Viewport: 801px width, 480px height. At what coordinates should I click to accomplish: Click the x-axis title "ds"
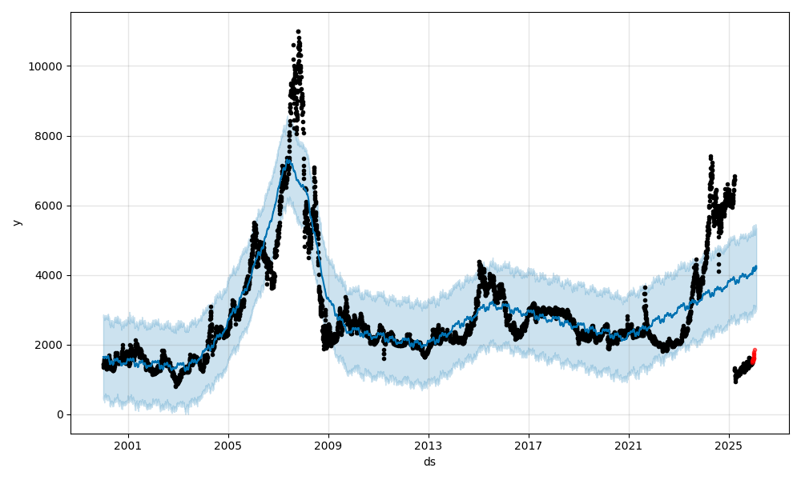click(429, 462)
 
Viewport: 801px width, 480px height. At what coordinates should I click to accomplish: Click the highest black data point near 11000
click(298, 31)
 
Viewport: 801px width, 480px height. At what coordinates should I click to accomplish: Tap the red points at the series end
click(754, 355)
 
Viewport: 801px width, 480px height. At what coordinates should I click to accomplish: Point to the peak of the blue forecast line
click(288, 159)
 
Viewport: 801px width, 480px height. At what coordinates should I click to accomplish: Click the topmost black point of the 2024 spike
click(710, 157)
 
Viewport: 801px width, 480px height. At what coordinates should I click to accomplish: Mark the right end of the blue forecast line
click(755, 267)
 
